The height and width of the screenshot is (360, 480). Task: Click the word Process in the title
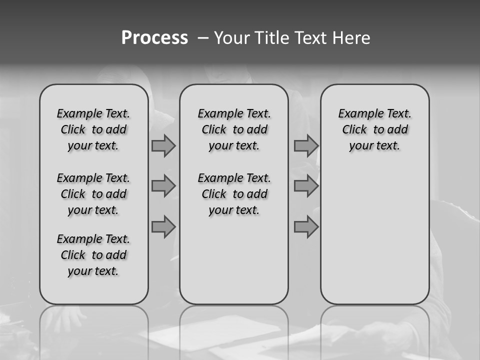pyautogui.click(x=154, y=38)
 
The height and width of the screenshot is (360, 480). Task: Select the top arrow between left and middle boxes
pyautogui.click(x=163, y=146)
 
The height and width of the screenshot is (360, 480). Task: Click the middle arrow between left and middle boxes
pyautogui.click(x=163, y=186)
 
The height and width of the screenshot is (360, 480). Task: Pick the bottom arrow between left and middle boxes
pyautogui.click(x=163, y=227)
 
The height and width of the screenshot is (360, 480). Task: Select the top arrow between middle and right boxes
pyautogui.click(x=306, y=146)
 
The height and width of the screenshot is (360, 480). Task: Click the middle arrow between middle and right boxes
pyautogui.click(x=306, y=186)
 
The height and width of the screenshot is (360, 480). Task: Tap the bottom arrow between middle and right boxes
pyautogui.click(x=306, y=227)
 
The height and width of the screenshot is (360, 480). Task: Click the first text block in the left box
pyautogui.click(x=93, y=129)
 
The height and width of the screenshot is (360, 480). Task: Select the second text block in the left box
pyautogui.click(x=93, y=194)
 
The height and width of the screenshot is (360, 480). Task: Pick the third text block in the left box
pyautogui.click(x=93, y=255)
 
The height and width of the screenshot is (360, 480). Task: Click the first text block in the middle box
pyautogui.click(x=234, y=129)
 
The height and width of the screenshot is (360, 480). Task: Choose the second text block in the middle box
pyautogui.click(x=234, y=194)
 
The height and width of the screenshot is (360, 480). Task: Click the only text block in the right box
pyautogui.click(x=374, y=129)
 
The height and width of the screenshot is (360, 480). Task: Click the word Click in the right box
pyautogui.click(x=354, y=130)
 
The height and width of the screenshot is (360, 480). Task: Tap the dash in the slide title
pyautogui.click(x=203, y=38)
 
